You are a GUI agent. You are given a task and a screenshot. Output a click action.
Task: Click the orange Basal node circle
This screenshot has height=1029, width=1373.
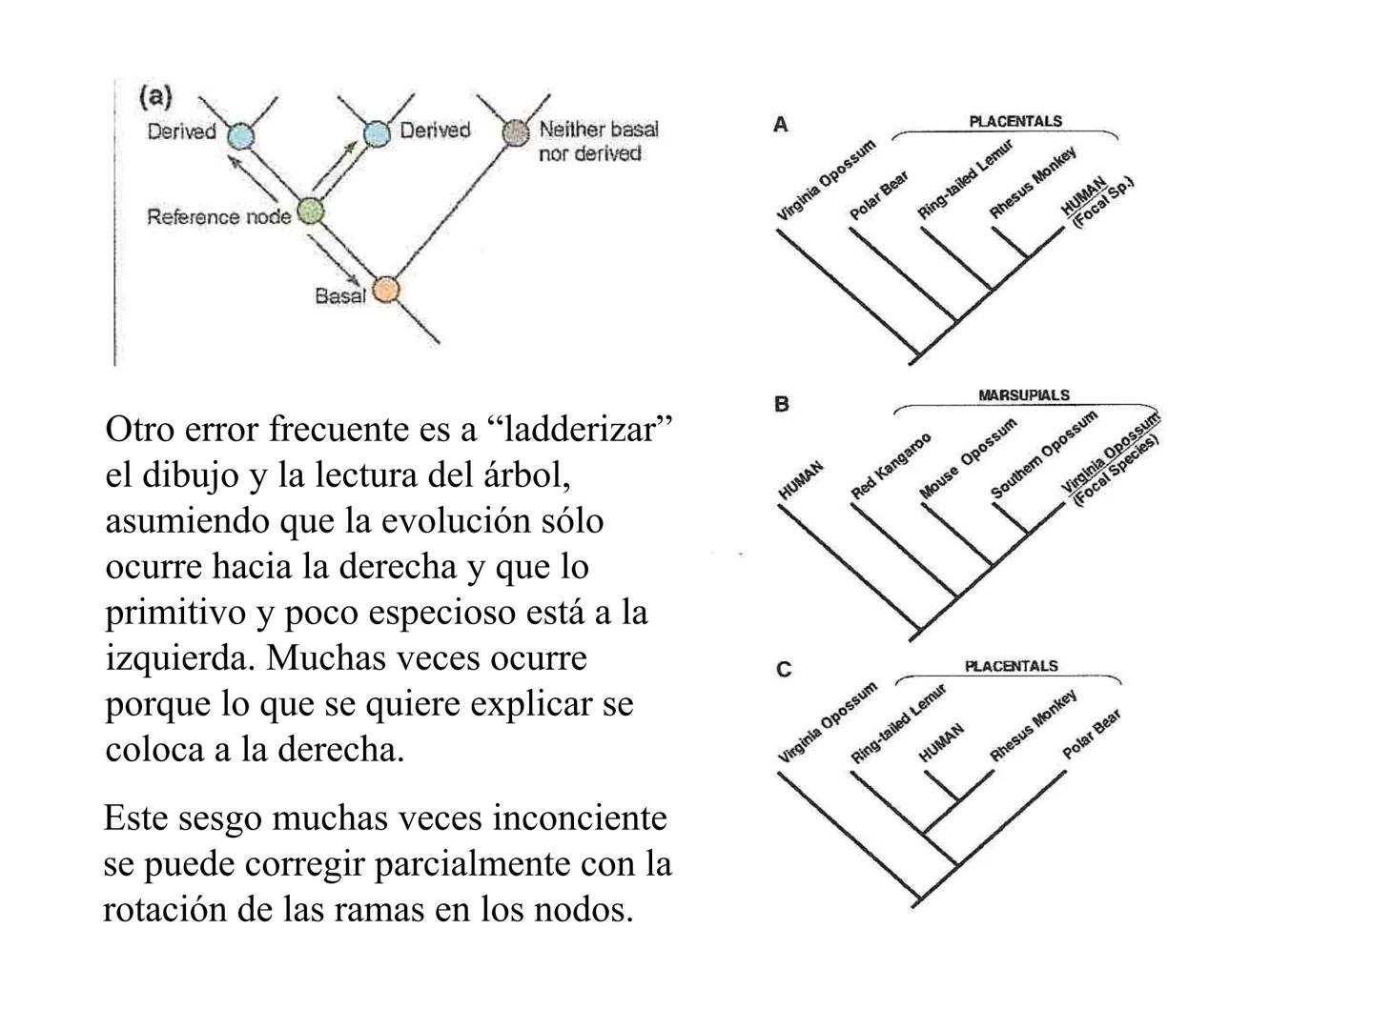coord(384,290)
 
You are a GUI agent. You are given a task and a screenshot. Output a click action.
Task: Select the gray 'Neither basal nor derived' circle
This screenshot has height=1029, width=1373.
coord(515,131)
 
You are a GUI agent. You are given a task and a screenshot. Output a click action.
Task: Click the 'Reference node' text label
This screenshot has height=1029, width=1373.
coord(218,217)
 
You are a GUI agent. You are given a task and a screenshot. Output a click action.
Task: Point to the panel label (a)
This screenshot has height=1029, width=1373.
coord(155,96)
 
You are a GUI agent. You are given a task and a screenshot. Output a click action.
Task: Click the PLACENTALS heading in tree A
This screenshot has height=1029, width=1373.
coord(1014,121)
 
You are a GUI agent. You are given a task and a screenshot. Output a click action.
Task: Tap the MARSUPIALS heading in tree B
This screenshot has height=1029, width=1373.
coord(1023,394)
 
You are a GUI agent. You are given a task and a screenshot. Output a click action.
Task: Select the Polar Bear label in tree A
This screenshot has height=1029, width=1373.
coord(879,195)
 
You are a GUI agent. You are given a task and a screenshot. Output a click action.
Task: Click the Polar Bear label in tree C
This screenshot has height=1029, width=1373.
coord(1091,734)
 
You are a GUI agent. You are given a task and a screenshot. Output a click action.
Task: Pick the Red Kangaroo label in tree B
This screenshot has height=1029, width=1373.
coord(891,466)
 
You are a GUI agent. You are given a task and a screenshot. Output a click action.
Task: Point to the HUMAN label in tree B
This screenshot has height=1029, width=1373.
coord(801,480)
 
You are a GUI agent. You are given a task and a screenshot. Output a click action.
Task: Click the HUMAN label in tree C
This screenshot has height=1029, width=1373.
coord(941,741)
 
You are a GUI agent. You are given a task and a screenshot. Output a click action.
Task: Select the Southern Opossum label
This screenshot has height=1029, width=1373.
coord(1043,454)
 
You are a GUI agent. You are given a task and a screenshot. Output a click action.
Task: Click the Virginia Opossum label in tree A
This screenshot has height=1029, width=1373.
coord(826,180)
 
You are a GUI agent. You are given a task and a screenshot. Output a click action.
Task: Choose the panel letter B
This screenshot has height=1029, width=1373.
coord(782,404)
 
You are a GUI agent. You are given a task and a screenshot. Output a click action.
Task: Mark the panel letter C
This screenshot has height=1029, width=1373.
coord(783,670)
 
